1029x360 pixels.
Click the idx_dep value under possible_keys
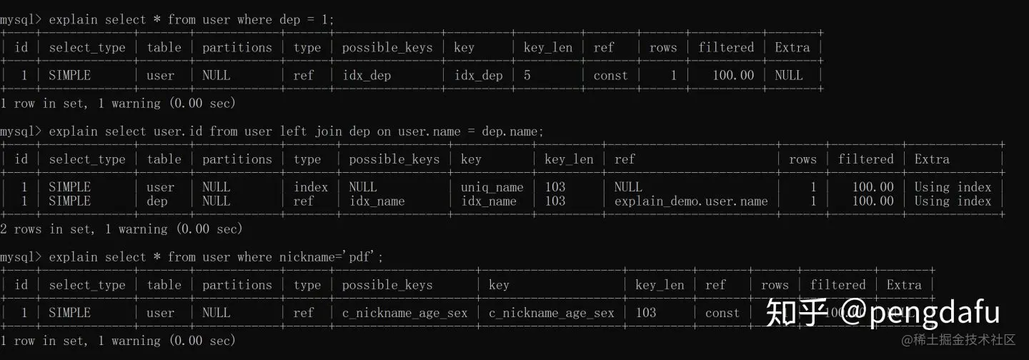coord(367,75)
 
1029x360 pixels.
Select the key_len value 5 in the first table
coord(527,75)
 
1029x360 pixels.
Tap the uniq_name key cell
coord(492,187)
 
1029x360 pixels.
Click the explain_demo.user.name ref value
coord(690,201)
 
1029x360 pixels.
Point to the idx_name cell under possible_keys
coord(377,201)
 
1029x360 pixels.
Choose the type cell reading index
coord(310,187)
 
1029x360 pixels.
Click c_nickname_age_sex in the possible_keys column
coord(404,313)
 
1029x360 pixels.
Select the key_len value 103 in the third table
coord(645,313)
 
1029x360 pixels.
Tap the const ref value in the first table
coord(610,75)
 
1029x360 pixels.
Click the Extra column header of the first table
coord(792,48)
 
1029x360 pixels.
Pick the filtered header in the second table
coord(865,159)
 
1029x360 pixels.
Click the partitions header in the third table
coord(237,285)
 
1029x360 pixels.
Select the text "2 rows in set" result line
coord(47,229)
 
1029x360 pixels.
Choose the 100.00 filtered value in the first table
coord(733,75)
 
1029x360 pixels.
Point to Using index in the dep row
coord(953,201)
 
